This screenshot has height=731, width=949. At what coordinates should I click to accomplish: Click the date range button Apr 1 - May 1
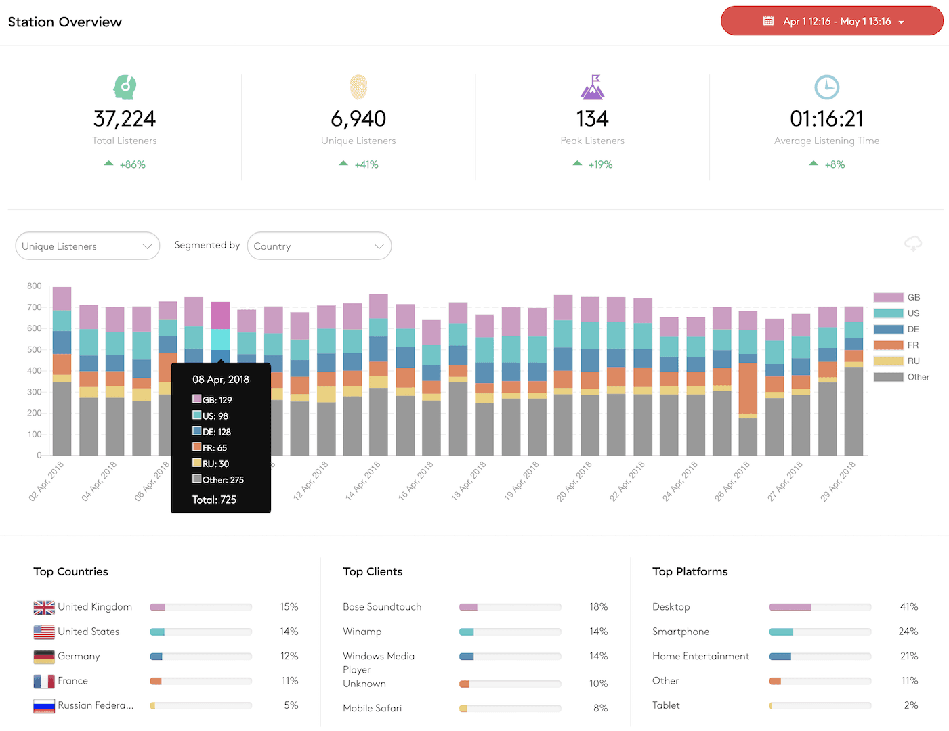point(832,21)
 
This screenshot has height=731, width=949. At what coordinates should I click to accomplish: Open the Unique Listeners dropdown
point(87,246)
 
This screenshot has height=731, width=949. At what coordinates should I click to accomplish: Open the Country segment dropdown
point(319,246)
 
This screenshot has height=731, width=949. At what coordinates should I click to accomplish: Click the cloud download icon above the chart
point(913,244)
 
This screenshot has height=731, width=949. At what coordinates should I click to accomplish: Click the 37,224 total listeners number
point(125,118)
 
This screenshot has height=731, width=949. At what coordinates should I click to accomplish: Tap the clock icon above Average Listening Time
point(826,87)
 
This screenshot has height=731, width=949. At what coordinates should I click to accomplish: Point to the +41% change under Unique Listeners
point(366,164)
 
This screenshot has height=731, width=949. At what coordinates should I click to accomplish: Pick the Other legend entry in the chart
point(901,377)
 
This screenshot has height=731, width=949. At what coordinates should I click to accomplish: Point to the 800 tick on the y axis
point(35,286)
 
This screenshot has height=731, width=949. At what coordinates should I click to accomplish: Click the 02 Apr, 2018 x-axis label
point(47,481)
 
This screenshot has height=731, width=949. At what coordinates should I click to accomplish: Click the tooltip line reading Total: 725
point(214,500)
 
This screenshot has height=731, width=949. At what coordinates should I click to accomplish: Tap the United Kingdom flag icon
point(44,607)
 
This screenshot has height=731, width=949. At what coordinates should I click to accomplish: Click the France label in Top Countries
point(72,680)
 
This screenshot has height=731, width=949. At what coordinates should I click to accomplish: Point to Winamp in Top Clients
point(362,632)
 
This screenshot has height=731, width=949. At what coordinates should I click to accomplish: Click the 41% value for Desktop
point(908,607)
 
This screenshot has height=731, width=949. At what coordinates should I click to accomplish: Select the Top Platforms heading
point(690,571)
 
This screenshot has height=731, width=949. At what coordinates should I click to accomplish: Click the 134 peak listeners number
point(592,118)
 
